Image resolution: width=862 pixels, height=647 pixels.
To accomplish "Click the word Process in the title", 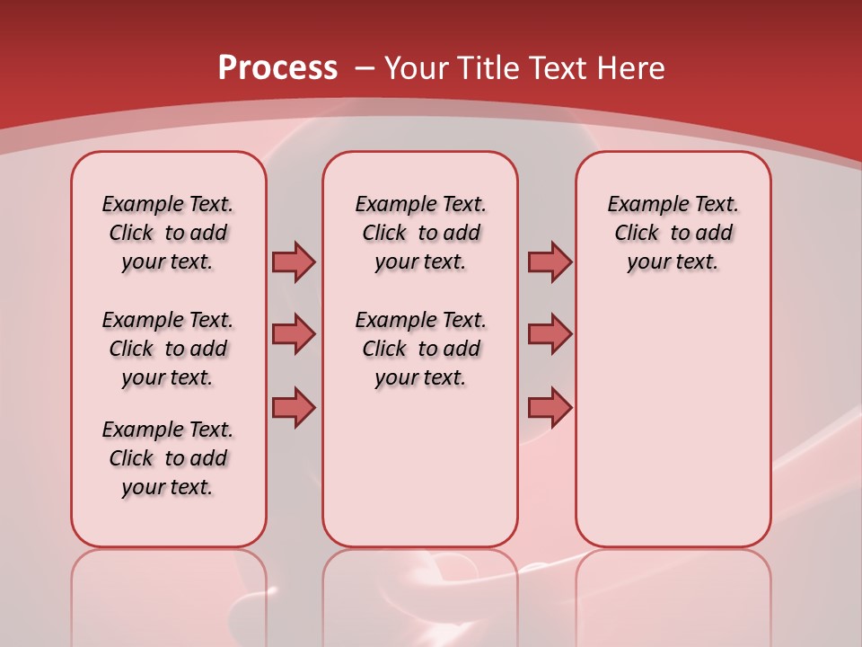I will coord(277,67).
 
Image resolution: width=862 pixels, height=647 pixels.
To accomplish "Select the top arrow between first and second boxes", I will coord(294,261).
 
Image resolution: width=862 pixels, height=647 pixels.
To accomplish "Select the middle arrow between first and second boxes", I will coord(294,334).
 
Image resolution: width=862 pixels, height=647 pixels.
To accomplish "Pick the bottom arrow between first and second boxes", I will coord(294,407).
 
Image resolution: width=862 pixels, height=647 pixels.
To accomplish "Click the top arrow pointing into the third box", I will coord(549,261).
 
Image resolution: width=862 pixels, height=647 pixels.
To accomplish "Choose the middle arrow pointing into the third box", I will coord(549,334).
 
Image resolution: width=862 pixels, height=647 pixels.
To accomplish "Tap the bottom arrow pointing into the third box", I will coord(549,407).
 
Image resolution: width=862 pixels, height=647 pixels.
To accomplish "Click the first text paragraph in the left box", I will coord(168,233).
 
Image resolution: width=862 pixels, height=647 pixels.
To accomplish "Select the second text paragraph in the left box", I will coord(168,349).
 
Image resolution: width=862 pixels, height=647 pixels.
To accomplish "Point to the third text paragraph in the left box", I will coord(168,458).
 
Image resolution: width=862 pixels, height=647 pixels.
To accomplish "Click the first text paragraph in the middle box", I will coord(421,233).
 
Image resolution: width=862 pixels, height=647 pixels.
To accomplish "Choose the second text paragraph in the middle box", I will coord(421,349).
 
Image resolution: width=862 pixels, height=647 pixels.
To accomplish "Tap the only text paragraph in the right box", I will coord(673,233).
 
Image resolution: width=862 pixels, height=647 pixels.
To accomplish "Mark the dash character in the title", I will coord(365,69).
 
